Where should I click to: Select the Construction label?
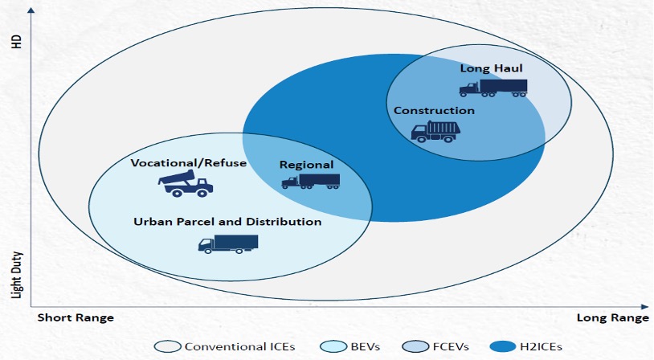(434, 110)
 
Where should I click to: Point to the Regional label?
(306, 164)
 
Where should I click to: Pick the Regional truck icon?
(310, 181)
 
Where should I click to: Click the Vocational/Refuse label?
(188, 163)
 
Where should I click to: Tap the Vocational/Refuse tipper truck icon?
(186, 184)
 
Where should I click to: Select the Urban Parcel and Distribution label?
(227, 221)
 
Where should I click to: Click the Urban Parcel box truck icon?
(228, 243)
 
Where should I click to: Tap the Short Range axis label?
(76, 318)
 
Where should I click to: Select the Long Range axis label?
(612, 318)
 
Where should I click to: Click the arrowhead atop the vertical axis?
(31, 10)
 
